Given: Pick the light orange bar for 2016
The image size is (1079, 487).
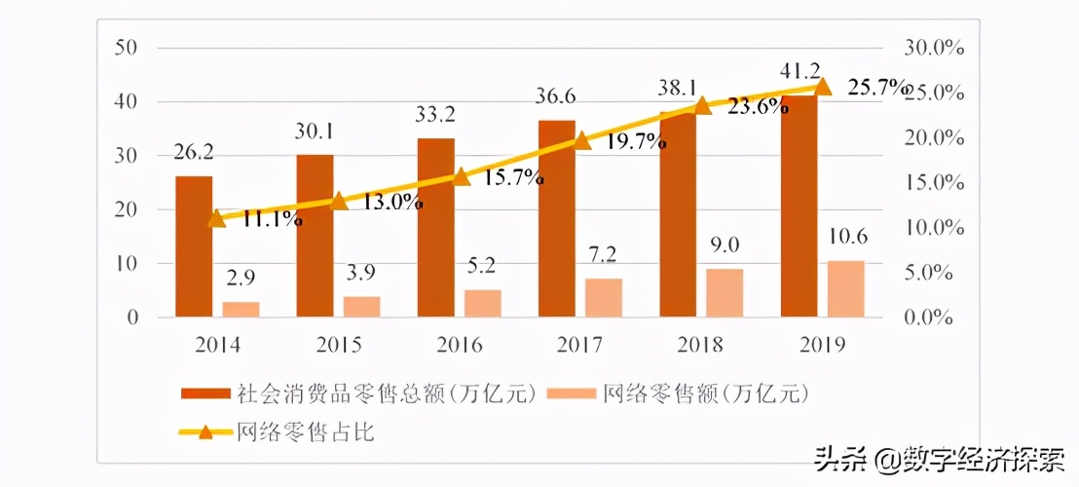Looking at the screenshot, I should coord(483,303).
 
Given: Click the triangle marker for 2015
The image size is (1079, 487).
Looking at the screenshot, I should coord(338,202).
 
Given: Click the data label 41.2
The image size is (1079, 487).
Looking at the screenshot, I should coord(800,71).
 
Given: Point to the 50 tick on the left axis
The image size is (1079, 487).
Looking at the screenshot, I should coord(128,47).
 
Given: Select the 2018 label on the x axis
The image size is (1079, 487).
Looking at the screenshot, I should coord(701,344).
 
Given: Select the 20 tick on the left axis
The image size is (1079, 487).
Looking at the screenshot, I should coord(128,209).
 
